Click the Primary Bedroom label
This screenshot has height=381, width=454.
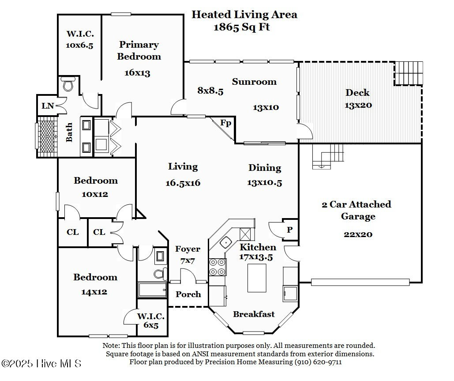point(139,50)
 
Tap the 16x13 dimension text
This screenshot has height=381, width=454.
point(137,73)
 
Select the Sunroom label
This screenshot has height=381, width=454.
point(254,82)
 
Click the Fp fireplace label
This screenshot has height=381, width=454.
point(225,123)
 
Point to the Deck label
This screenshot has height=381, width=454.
point(357,93)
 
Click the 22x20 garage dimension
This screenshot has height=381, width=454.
point(358,234)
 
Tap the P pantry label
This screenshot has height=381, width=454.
point(289,230)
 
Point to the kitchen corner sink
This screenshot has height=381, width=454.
point(226,241)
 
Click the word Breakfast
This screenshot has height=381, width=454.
point(254,314)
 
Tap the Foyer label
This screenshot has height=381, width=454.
point(188,249)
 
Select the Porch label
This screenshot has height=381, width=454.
point(188,294)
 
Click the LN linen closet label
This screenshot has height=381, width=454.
point(47,106)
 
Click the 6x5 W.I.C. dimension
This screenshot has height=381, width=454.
point(150,325)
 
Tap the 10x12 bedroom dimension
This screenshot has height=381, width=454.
point(95,194)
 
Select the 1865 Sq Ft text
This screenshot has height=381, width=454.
point(242,27)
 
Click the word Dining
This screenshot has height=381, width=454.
point(265,168)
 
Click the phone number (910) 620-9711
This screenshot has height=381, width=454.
point(318,362)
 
